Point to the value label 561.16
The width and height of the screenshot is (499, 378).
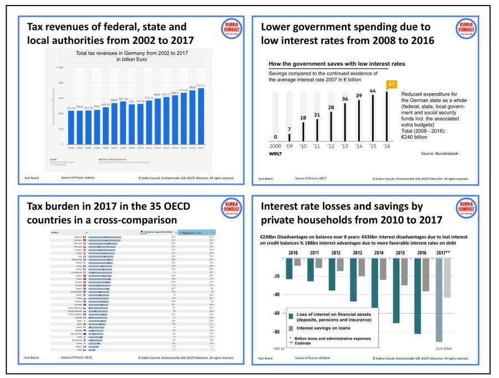click(x=123, y=99)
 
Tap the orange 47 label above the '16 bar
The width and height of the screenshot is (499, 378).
click(x=391, y=84)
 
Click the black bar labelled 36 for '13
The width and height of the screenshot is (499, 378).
click(x=344, y=119)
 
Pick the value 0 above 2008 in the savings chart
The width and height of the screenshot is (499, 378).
click(x=276, y=137)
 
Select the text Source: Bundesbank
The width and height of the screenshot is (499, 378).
click(x=443, y=152)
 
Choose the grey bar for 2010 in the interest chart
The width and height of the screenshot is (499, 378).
click(x=297, y=261)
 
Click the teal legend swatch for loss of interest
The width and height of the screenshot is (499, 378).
click(x=291, y=317)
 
